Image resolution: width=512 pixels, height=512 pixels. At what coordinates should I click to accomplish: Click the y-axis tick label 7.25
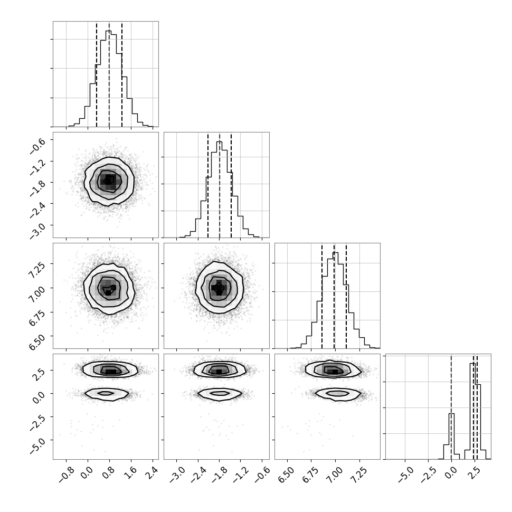pos(36,270)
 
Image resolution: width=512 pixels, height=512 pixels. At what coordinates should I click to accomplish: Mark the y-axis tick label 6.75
pos(36,318)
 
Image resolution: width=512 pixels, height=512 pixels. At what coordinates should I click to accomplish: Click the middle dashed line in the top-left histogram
pos(109,74)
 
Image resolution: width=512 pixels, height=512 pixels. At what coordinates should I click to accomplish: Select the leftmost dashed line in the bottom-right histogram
pos(451,407)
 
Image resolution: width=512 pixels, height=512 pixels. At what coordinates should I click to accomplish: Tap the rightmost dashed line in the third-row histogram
pos(346,296)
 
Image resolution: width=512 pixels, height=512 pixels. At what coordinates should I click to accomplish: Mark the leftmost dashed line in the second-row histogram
pos(208,185)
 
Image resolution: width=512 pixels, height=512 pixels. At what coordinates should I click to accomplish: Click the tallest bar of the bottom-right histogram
pos(472,411)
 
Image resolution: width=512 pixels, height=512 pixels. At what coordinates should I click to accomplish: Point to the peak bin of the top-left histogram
pos(108,78)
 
